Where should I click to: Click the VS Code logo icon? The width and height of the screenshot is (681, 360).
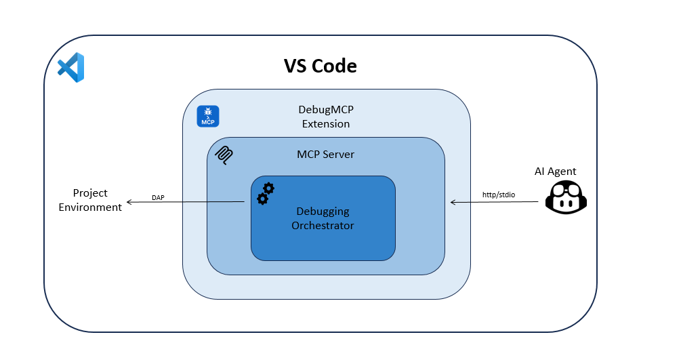click(x=71, y=68)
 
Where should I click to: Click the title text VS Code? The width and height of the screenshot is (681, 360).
click(x=320, y=66)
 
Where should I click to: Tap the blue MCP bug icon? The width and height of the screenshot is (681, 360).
click(x=207, y=116)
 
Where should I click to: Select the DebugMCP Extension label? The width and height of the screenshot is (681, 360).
click(x=325, y=117)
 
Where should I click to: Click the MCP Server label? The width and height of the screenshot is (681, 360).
click(x=325, y=155)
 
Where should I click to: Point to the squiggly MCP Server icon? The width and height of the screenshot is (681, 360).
click(x=224, y=155)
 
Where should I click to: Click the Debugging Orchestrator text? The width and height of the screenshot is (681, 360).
click(x=323, y=218)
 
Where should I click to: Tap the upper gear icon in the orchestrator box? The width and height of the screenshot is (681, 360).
click(x=268, y=188)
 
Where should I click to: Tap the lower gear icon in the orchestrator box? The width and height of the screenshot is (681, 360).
click(x=262, y=199)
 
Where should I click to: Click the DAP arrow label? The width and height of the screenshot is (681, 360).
click(x=158, y=197)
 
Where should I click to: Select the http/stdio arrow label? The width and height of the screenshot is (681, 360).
click(x=498, y=195)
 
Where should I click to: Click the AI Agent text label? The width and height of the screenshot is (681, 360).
click(x=555, y=172)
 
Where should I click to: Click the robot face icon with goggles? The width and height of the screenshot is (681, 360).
click(x=566, y=197)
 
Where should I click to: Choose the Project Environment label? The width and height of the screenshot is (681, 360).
click(x=90, y=200)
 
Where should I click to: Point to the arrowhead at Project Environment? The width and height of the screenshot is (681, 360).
click(x=129, y=203)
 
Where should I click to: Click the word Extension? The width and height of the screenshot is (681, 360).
click(x=326, y=124)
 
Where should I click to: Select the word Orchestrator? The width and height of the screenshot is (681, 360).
click(x=323, y=226)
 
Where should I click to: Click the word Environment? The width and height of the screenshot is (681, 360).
click(x=90, y=207)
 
